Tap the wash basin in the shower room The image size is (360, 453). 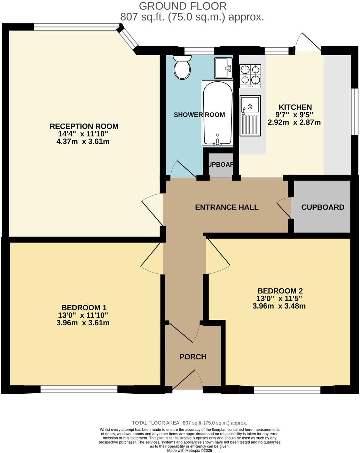pyautogui.click(x=223, y=68)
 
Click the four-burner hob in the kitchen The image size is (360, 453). pyautogui.click(x=250, y=75)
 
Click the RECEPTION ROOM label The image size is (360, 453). pyautogui.click(x=84, y=126)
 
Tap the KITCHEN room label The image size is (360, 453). pyautogui.click(x=295, y=107)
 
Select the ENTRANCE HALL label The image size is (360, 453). pyautogui.click(x=227, y=207)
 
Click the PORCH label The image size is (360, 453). pyautogui.click(x=193, y=357)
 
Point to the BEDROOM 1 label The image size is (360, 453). pyautogui.click(x=84, y=308)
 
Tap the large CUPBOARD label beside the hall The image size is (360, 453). pyautogui.click(x=322, y=207)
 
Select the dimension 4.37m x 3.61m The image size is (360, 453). pyautogui.click(x=84, y=142)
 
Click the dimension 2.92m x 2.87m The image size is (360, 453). pyautogui.click(x=294, y=122)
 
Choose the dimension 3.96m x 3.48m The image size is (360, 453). pyautogui.click(x=279, y=306)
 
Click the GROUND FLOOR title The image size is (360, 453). pyautogui.click(x=183, y=6)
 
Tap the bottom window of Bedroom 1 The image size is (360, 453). pyautogui.click(x=79, y=389)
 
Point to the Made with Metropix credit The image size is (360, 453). pyautogui.click(x=189, y=450)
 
